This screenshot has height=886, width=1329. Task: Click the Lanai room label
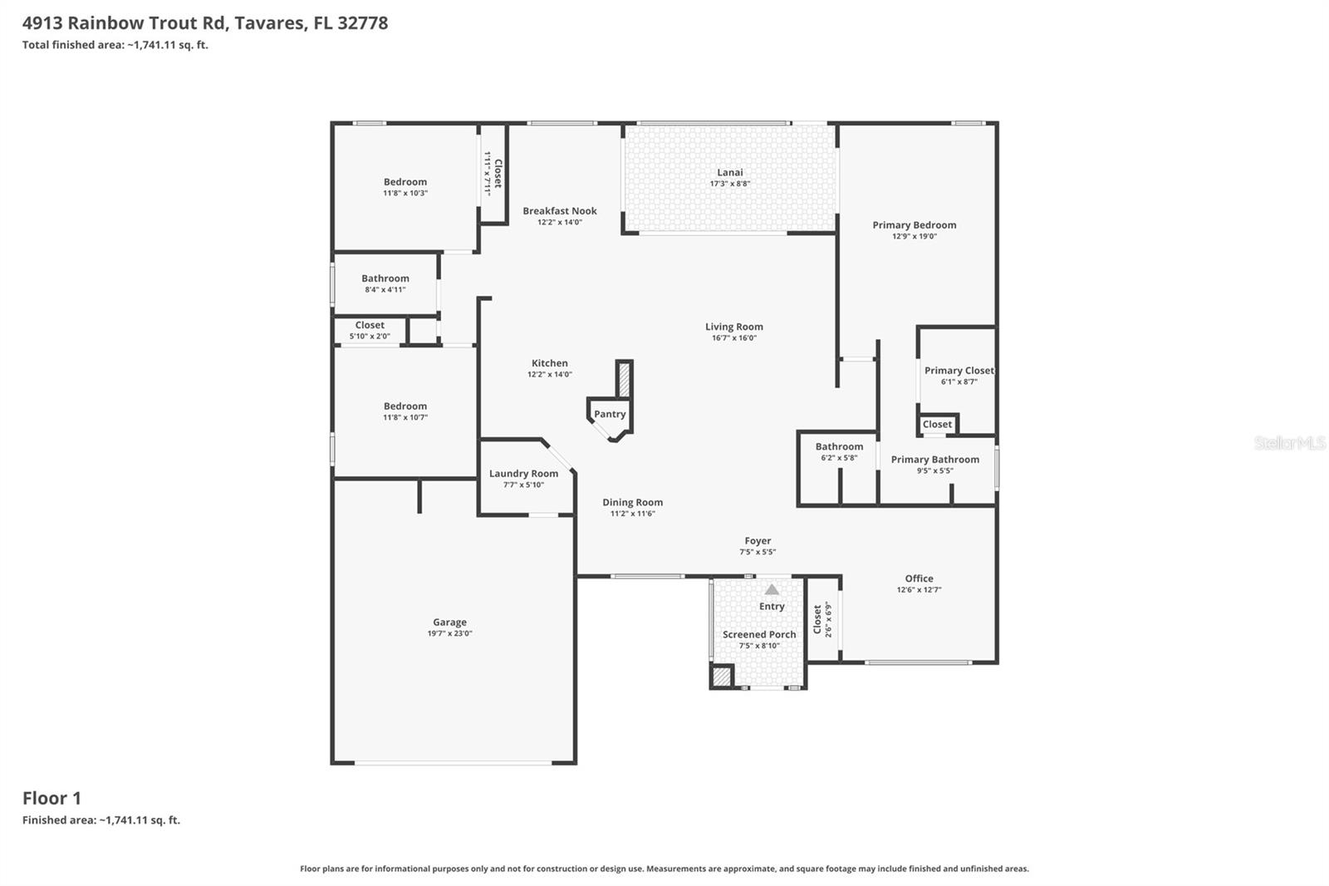pyautogui.click(x=730, y=173)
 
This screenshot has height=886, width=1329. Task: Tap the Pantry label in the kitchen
pyautogui.click(x=610, y=414)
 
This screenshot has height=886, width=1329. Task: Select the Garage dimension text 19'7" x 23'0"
pyautogui.click(x=449, y=633)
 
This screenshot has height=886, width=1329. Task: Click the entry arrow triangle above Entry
pyautogui.click(x=772, y=589)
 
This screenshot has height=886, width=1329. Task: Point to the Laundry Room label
pyautogui.click(x=523, y=474)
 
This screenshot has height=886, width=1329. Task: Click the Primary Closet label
pyautogui.click(x=959, y=371)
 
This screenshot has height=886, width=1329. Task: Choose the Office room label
pyautogui.click(x=919, y=578)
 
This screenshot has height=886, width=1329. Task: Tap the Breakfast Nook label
pyautogui.click(x=559, y=211)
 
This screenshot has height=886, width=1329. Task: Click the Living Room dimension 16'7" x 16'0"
pyautogui.click(x=733, y=338)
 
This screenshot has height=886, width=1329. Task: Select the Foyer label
pyautogui.click(x=758, y=541)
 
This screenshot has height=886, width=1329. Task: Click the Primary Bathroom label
pyautogui.click(x=934, y=460)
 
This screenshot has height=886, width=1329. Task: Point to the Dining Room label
pyautogui.click(x=632, y=502)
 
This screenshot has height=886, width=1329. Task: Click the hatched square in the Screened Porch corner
pyautogui.click(x=722, y=677)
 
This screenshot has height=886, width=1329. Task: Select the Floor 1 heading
pyautogui.click(x=51, y=798)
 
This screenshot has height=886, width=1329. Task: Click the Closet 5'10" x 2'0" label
pyautogui.click(x=370, y=326)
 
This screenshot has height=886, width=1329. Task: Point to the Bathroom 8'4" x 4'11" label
pyautogui.click(x=385, y=279)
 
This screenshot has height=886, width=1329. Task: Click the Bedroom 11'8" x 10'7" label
pyautogui.click(x=405, y=406)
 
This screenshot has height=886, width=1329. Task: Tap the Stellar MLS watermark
pyautogui.click(x=1289, y=443)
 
